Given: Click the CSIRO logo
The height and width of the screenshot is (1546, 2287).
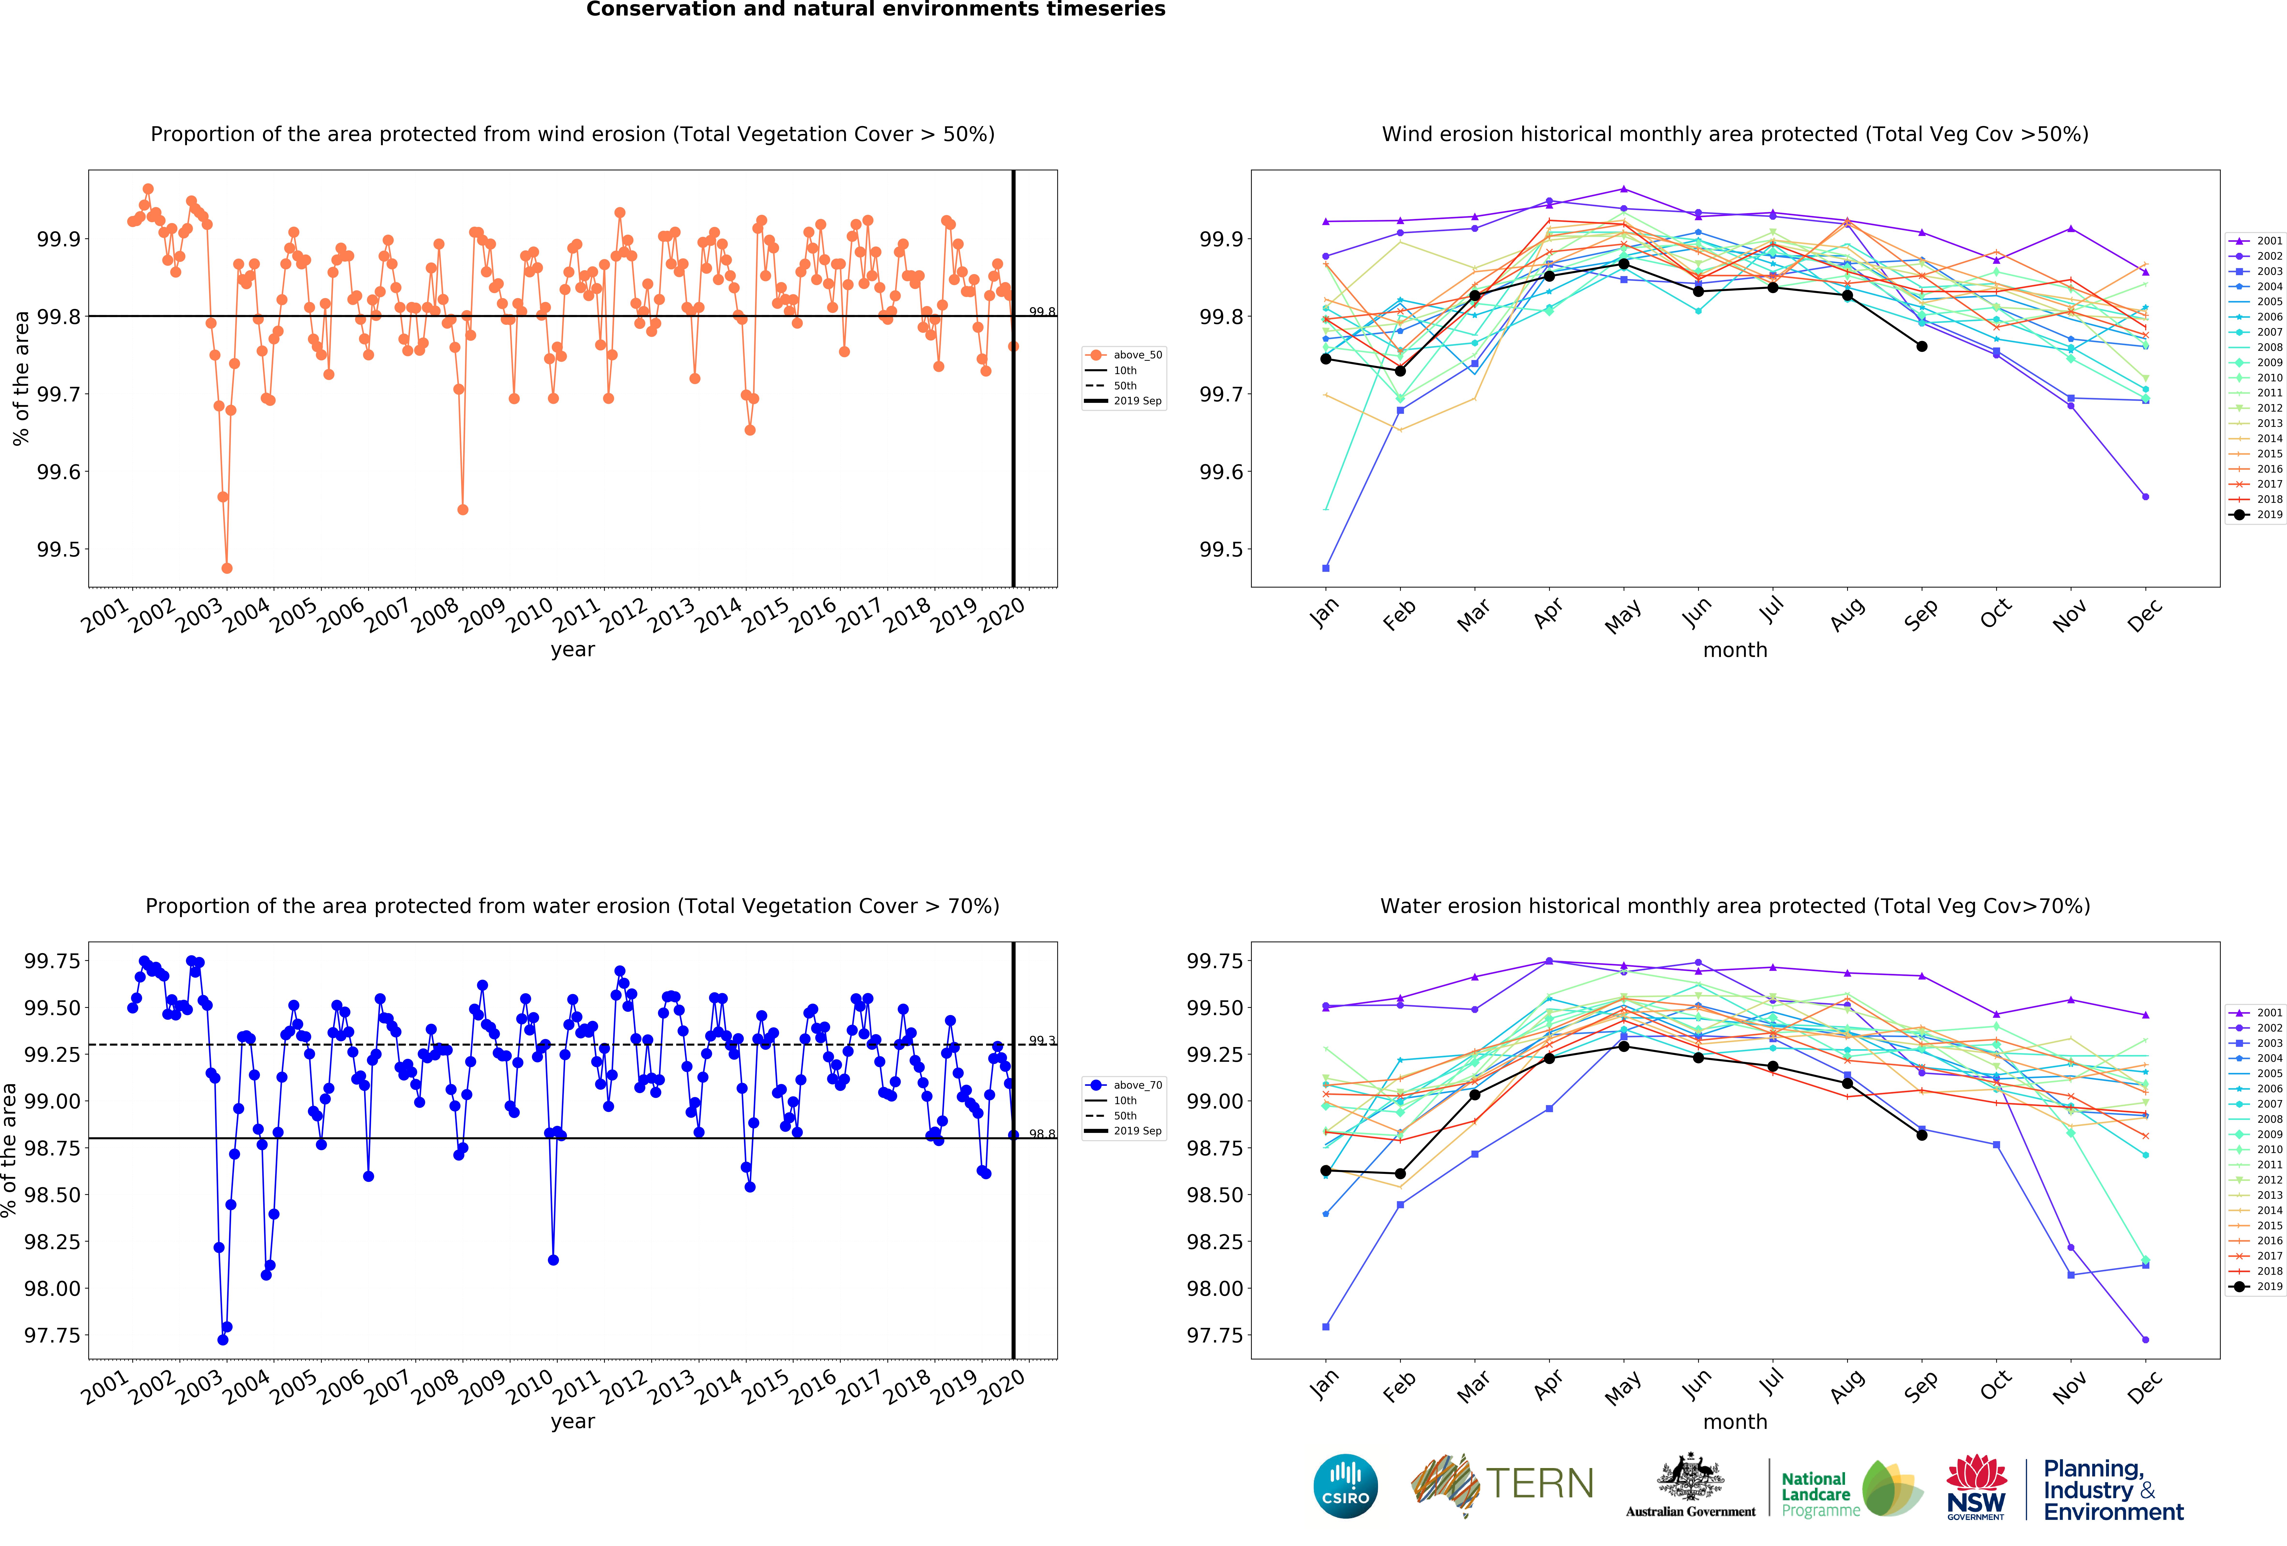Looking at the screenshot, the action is [1345, 1486].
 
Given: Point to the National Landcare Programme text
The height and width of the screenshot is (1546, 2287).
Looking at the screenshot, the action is [1821, 1494].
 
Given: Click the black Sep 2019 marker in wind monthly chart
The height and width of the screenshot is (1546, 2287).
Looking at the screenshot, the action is [1921, 347].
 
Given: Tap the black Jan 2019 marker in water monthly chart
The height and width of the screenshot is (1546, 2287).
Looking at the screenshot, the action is [1326, 1170].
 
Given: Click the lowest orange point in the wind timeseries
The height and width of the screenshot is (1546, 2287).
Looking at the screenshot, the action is [227, 568].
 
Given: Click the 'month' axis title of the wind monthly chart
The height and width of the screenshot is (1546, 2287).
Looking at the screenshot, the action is [1735, 649].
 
